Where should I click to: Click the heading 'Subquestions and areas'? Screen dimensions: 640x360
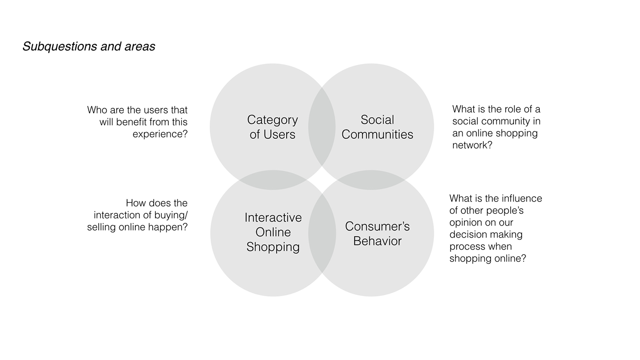click(89, 47)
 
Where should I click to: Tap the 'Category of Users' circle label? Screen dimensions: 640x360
click(272, 127)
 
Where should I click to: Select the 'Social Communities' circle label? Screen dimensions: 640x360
click(377, 127)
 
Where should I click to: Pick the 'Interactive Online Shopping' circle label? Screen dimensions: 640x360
click(273, 233)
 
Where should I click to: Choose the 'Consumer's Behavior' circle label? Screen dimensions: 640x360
click(378, 233)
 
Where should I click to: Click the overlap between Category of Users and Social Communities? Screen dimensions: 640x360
click(322, 127)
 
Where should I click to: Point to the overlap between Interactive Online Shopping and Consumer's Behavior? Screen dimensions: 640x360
click(322, 233)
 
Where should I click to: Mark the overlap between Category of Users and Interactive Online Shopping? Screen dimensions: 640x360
click(273, 180)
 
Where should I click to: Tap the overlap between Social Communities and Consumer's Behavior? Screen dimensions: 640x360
click(371, 180)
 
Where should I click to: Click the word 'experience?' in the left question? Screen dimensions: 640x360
click(160, 134)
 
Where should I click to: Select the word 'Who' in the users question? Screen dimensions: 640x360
click(97, 110)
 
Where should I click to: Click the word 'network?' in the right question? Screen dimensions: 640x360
click(472, 145)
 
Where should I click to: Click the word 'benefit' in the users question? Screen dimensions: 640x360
click(131, 122)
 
